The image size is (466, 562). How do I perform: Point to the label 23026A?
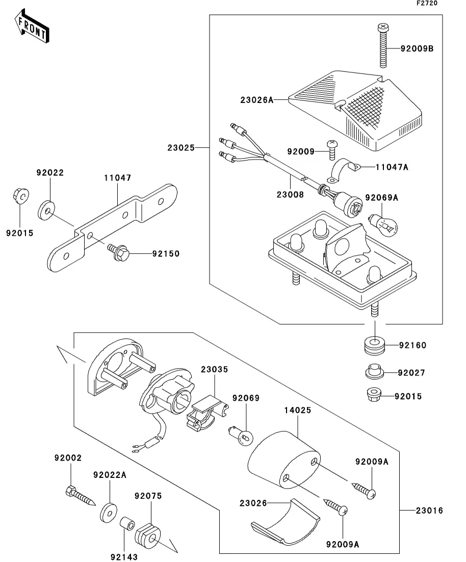click(257, 100)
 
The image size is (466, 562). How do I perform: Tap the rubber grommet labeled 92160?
click(376, 346)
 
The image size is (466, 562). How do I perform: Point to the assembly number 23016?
click(429, 511)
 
